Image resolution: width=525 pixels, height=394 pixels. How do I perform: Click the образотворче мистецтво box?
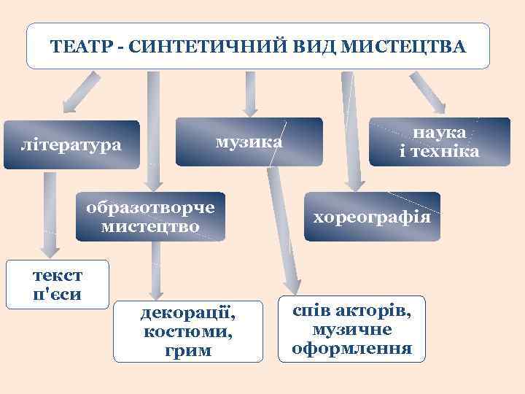150,217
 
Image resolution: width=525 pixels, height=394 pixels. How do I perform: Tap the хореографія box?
373,217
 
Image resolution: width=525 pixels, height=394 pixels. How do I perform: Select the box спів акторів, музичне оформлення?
351,330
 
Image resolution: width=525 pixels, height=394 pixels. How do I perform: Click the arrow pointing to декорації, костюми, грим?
154,270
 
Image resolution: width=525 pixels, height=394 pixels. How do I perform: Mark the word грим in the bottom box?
188,350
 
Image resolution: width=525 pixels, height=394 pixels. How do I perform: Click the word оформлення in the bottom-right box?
351,347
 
